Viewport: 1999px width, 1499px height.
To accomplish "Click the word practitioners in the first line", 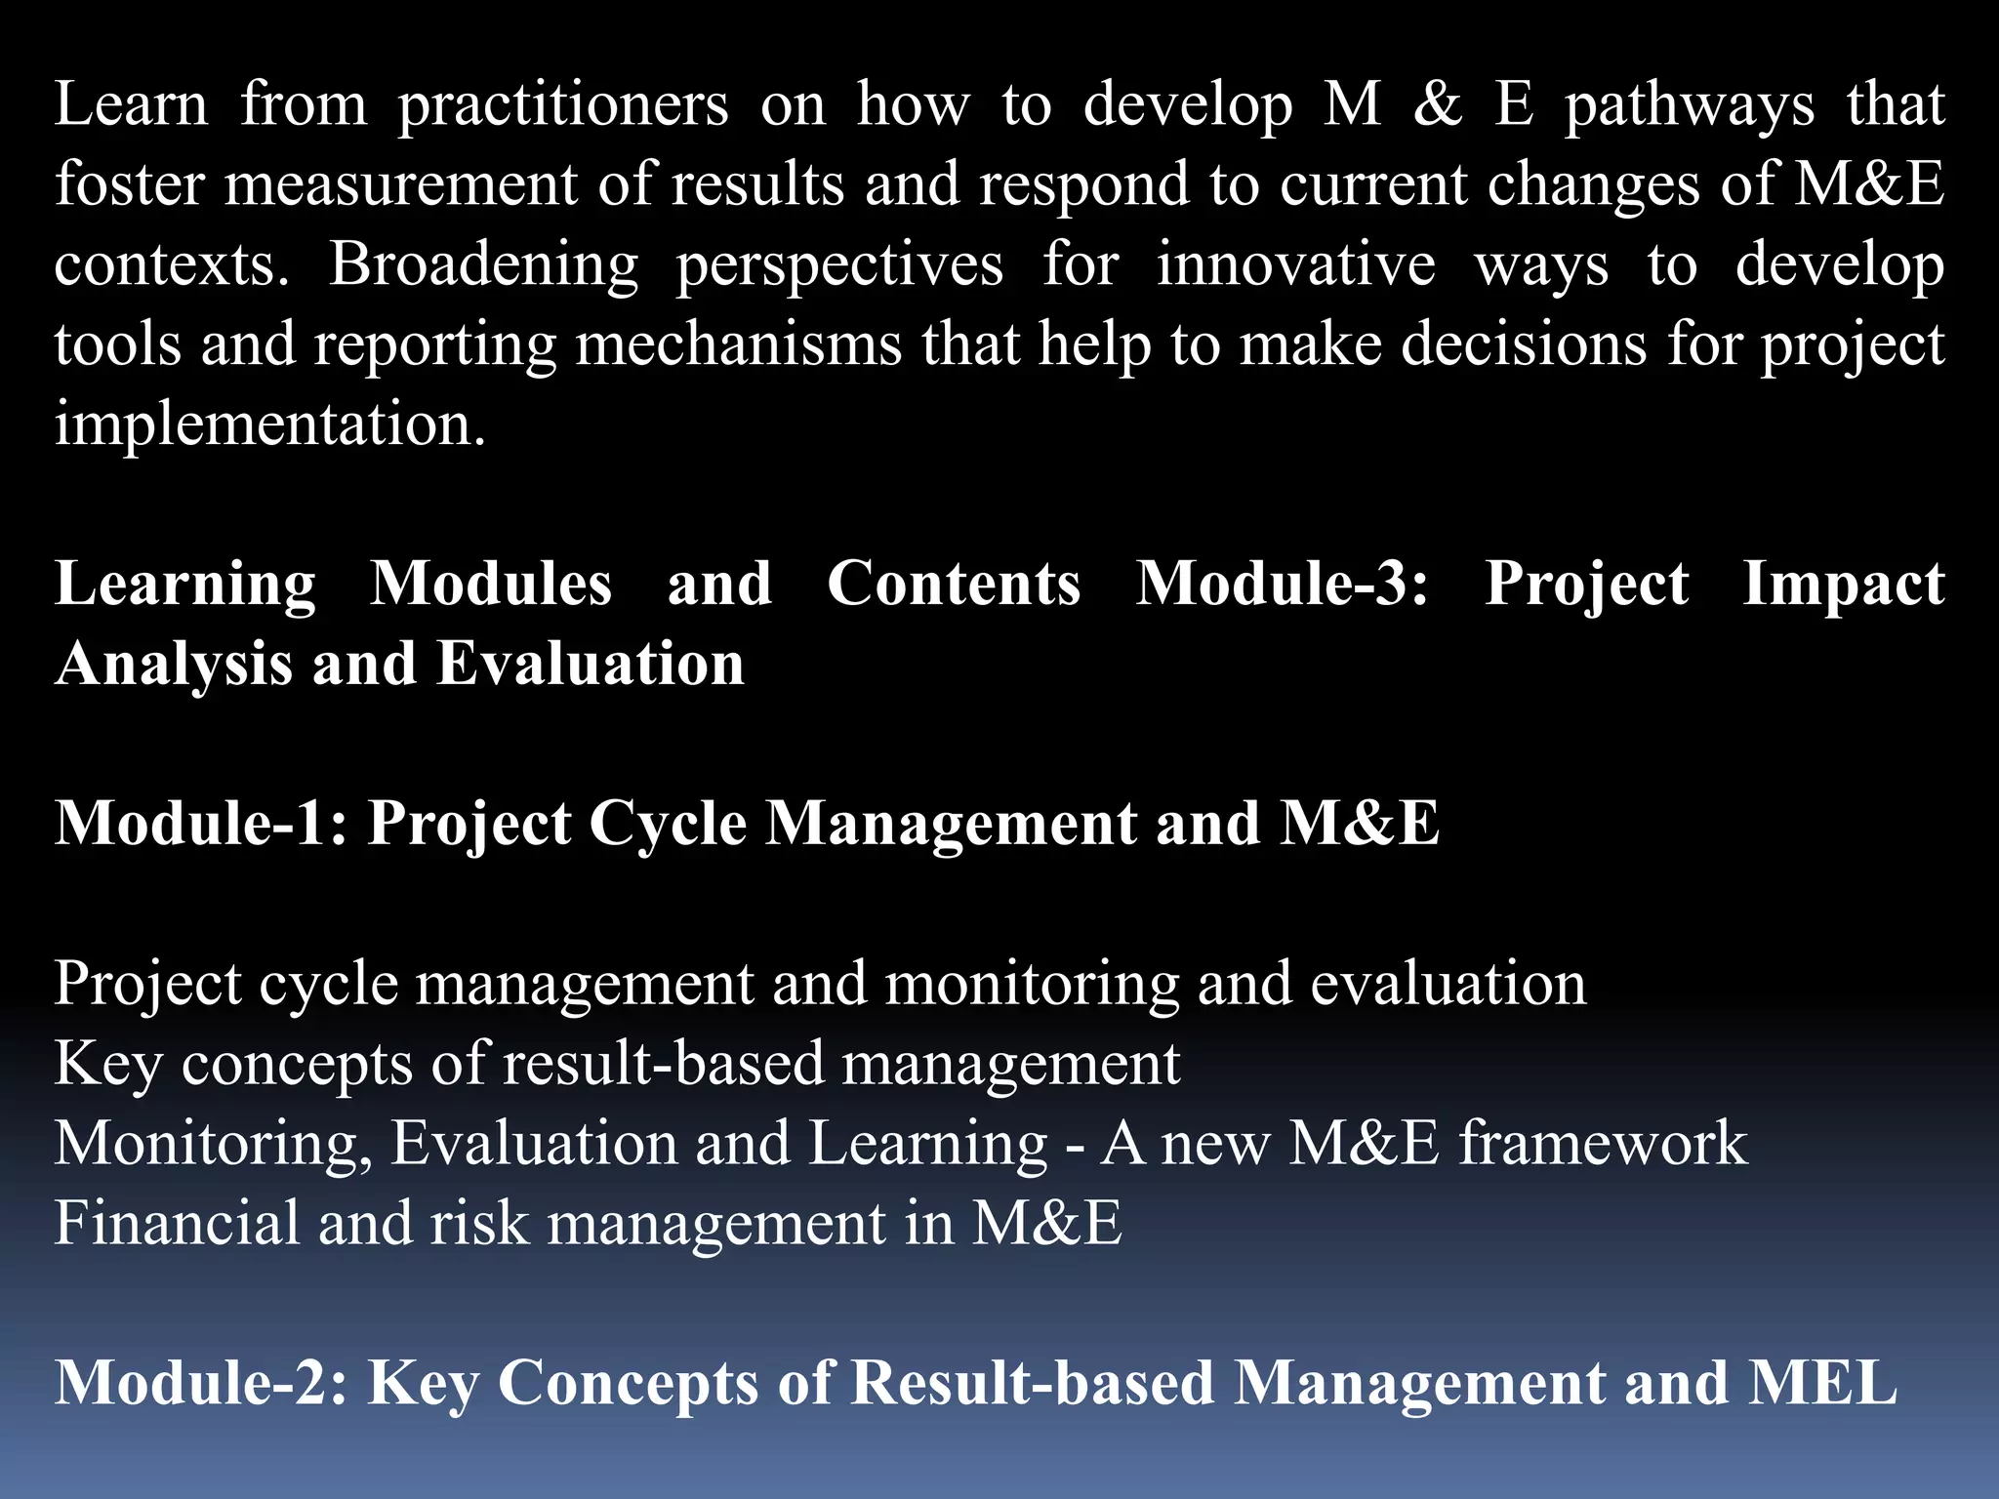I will tap(563, 105).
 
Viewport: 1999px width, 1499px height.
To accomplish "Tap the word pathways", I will tap(1689, 105).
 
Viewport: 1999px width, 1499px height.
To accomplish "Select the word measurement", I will tap(401, 184).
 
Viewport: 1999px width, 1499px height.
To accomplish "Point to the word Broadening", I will tap(483, 264).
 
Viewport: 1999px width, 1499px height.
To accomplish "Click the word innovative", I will tap(1295, 264).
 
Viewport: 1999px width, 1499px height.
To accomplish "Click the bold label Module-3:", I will tap(1282, 585).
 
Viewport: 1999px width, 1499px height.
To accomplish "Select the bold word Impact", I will tap(1843, 585).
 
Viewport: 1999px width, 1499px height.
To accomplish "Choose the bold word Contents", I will tap(954, 585).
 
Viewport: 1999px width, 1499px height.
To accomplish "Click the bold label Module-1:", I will tap(201, 824).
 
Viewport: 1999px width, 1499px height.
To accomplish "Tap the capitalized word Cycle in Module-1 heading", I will tap(668, 824).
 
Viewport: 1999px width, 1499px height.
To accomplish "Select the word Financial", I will tap(177, 1224).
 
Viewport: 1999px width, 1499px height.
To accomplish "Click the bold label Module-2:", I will tap(201, 1384).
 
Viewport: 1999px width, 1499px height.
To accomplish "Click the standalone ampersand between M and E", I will tap(1438, 105).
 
